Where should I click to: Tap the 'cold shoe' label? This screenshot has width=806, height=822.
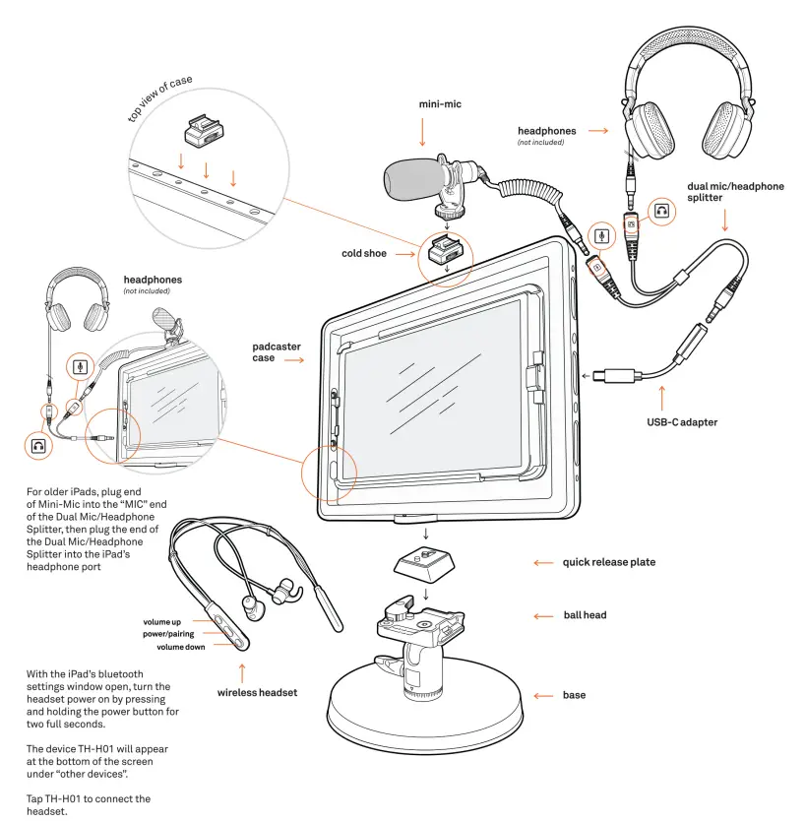364,253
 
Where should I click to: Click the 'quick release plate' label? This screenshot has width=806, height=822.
609,562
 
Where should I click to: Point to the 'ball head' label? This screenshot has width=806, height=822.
585,615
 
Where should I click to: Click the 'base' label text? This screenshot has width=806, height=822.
574,695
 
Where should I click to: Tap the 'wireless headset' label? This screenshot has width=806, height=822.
257,692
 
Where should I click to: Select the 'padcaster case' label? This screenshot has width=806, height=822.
277,352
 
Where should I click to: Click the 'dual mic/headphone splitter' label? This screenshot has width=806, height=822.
735,192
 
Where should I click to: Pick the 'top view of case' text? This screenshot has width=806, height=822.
163,97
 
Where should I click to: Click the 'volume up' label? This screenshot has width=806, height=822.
162,622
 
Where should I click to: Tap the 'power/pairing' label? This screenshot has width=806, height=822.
168,634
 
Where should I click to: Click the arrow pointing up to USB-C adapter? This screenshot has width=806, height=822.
661,397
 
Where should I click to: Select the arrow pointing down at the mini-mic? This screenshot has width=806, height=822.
423,131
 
